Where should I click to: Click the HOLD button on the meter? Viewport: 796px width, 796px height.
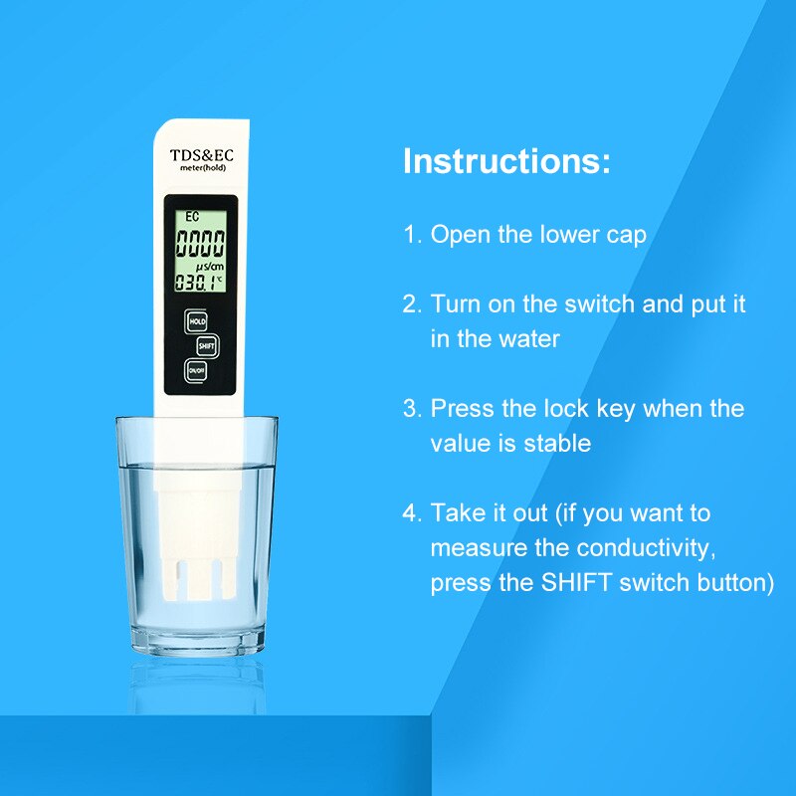pos(197,321)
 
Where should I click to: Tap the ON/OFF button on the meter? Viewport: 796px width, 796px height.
pos(197,370)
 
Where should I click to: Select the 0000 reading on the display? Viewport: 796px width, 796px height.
pos(200,243)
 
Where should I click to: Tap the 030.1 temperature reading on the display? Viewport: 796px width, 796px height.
pos(196,283)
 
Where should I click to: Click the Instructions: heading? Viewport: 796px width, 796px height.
pos(506,161)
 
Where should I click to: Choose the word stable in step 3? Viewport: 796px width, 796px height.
pos(557,443)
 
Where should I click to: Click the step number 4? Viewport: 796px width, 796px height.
pos(410,513)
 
